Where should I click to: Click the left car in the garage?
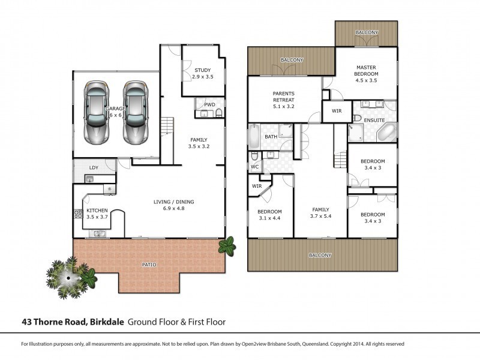tap(97, 112)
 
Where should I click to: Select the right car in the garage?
tap(136, 112)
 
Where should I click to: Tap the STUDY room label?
tap(202, 74)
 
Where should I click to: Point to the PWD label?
tap(209, 104)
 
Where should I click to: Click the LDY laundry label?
tap(94, 167)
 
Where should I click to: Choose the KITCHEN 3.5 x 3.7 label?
tap(97, 214)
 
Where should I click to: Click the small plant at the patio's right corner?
tap(227, 245)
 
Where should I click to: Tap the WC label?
tap(254, 166)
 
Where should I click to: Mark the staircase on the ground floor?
tap(167, 127)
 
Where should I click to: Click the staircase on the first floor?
tap(340, 161)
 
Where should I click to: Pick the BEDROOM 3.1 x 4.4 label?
tap(269, 215)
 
